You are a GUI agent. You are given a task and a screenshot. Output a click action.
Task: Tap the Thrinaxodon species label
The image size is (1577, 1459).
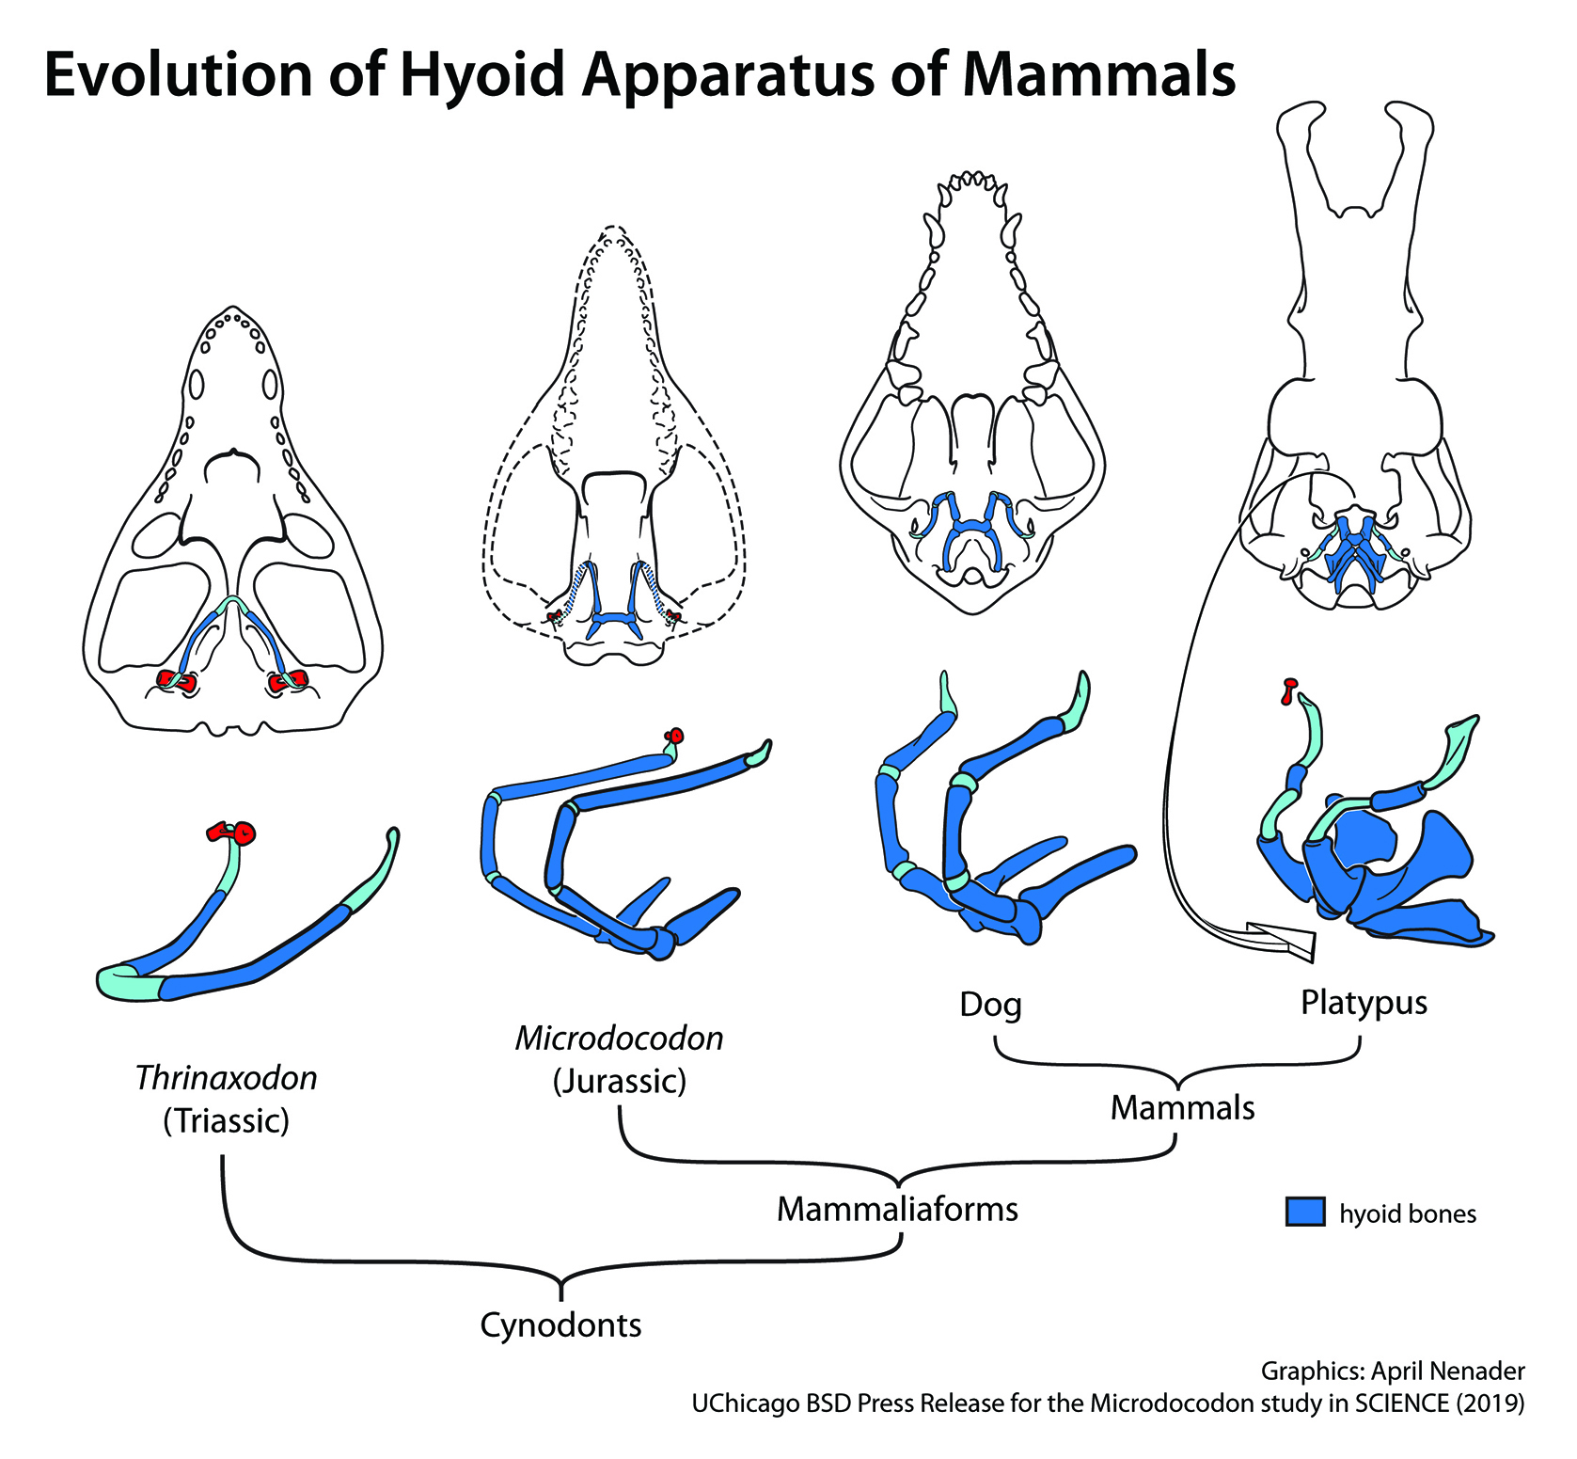pyautogui.click(x=226, y=1078)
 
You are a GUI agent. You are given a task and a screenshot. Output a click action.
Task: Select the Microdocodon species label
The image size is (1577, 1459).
pyautogui.click(x=619, y=1039)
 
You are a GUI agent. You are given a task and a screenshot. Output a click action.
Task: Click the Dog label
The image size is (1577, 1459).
pyautogui.click(x=990, y=1005)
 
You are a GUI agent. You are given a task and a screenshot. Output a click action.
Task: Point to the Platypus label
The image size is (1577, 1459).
pyautogui.click(x=1364, y=1003)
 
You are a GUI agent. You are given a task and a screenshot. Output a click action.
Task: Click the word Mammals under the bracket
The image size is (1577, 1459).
pyautogui.click(x=1182, y=1108)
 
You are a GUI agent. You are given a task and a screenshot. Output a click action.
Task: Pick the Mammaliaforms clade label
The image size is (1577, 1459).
pyautogui.click(x=897, y=1209)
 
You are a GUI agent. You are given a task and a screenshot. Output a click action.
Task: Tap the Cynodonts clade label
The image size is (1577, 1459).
pyautogui.click(x=560, y=1325)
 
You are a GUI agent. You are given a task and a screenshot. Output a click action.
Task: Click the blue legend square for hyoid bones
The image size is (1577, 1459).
pyautogui.click(x=1304, y=1212)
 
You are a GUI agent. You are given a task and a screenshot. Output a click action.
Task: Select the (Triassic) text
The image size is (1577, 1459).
pyautogui.click(x=226, y=1121)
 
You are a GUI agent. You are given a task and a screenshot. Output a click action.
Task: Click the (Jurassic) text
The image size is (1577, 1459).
pyautogui.click(x=619, y=1082)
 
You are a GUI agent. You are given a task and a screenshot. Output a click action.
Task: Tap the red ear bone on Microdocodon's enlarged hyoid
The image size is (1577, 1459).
pyautogui.click(x=673, y=737)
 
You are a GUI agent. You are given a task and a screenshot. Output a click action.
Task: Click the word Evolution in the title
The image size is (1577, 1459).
pyautogui.click(x=178, y=75)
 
